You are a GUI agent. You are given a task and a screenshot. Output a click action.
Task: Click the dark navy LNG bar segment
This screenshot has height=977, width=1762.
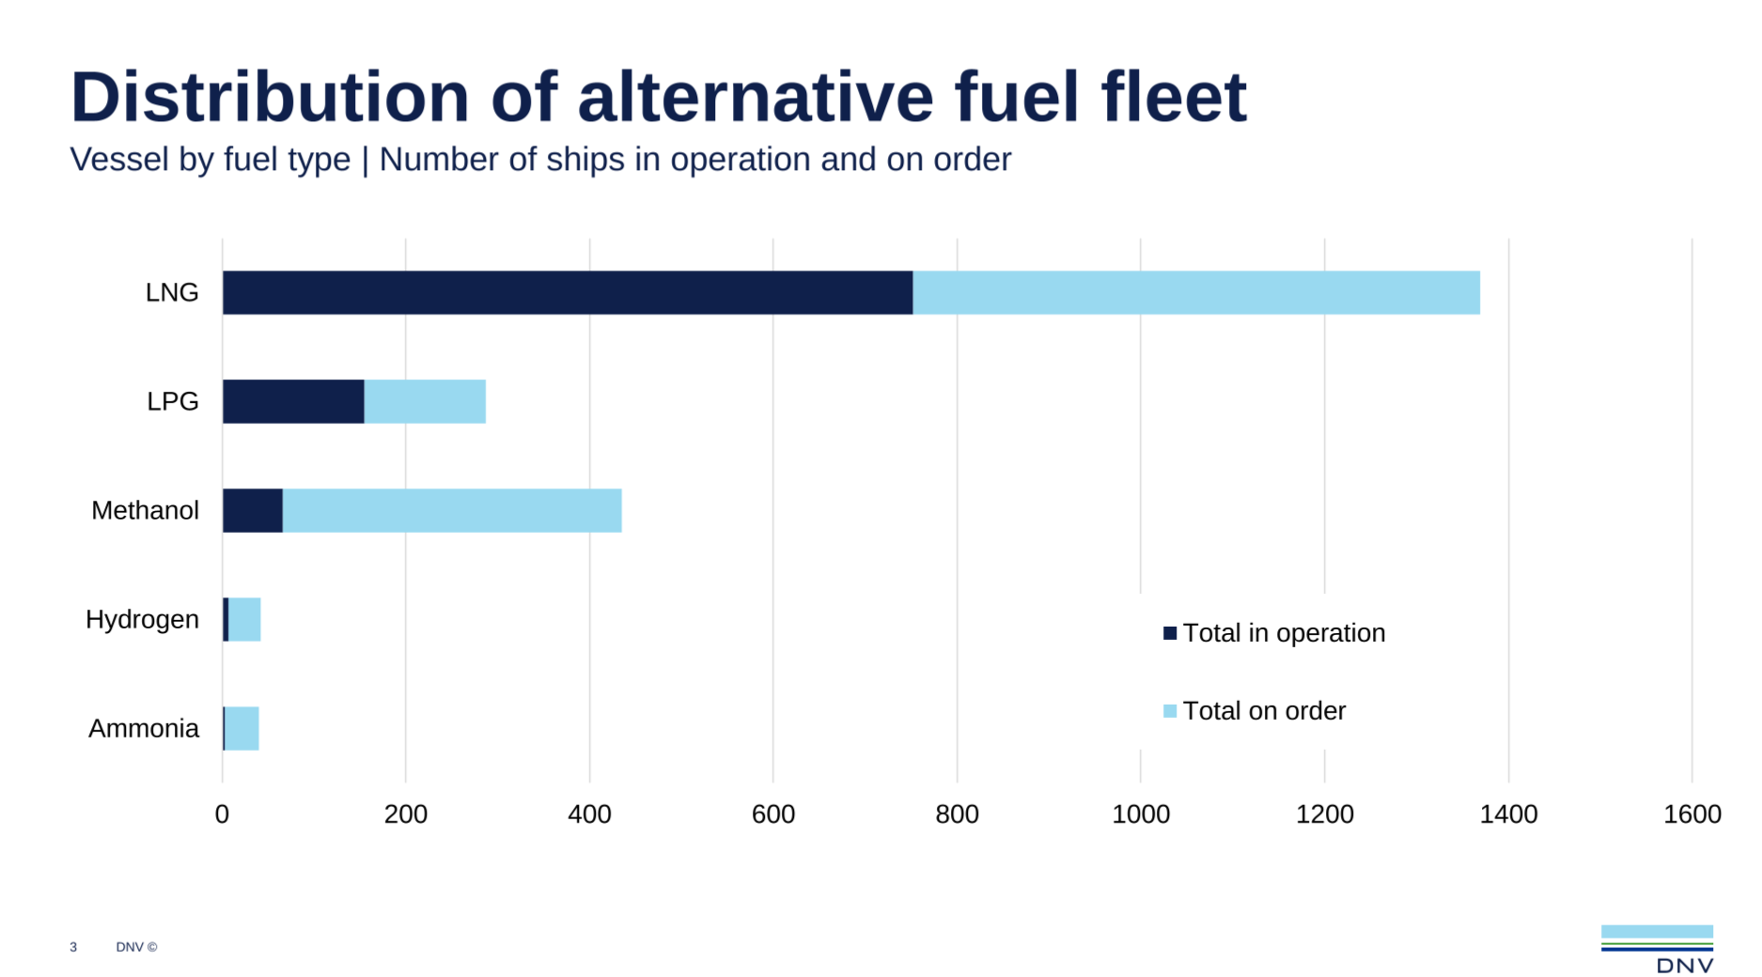coord(567,293)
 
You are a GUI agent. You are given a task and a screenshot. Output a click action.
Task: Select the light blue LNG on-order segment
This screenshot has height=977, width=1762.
coord(1195,293)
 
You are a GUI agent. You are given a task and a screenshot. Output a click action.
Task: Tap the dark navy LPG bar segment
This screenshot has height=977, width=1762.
coord(293,402)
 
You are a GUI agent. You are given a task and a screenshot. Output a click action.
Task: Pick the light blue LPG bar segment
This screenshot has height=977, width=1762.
coord(425,402)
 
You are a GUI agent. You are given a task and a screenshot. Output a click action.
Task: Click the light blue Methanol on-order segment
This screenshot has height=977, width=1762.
coord(452,511)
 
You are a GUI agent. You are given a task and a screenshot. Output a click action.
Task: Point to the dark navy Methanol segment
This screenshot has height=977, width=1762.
coord(253,511)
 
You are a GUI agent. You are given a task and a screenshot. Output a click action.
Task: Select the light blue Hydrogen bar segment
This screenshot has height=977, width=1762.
coord(245,620)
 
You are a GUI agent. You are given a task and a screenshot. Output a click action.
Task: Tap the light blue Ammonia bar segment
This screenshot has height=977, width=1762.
coord(242,729)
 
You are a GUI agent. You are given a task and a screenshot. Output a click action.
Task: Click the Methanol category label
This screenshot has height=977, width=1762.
coord(145,511)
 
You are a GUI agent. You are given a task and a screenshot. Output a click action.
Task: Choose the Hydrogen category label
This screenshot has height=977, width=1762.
coord(142,620)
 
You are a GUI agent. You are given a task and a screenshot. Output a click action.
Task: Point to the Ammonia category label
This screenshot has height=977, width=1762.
coord(144,729)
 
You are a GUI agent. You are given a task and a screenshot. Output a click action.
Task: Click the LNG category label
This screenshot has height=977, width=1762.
coord(172,293)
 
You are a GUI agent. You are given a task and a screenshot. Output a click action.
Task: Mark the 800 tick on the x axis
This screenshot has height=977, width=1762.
coord(957,814)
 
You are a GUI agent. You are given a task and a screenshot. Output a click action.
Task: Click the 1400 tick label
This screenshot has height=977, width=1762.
coord(1508,814)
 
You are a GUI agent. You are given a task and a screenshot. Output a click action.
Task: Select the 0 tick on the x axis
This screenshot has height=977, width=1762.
coord(222,814)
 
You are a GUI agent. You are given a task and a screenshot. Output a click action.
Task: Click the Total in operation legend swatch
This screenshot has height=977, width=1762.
coord(1170,633)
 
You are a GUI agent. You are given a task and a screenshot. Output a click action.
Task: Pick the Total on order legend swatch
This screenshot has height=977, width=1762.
coord(1170,711)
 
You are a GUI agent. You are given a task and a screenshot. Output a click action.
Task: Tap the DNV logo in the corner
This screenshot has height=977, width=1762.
coord(1657,949)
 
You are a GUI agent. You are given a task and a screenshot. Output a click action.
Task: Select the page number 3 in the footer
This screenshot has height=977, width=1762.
coord(73,947)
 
